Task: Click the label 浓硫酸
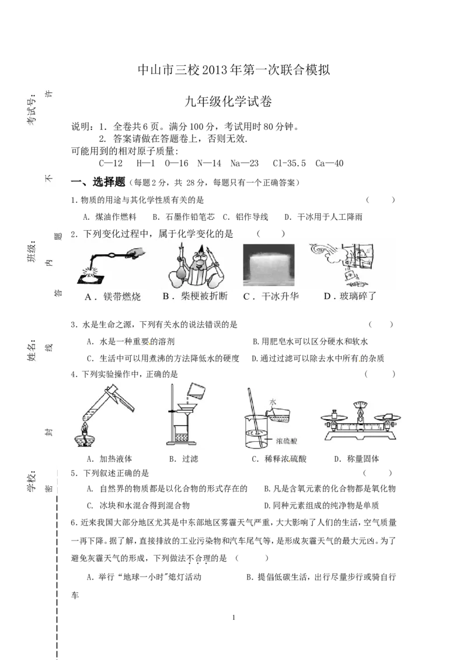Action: pos(286,441)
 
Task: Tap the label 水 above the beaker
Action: pos(273,402)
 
